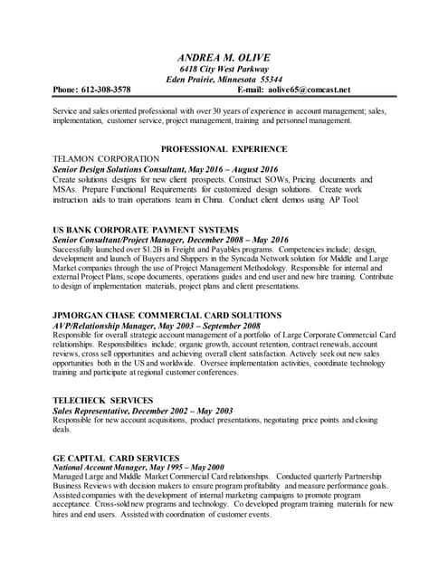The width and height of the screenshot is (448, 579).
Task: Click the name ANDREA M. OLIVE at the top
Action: (224, 58)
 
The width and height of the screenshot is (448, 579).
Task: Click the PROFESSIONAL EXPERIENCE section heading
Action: (224, 148)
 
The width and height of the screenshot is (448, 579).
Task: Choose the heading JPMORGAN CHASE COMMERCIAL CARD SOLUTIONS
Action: (167, 315)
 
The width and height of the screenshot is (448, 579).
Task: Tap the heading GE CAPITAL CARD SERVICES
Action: (117, 458)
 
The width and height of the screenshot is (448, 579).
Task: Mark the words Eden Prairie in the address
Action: (191, 80)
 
